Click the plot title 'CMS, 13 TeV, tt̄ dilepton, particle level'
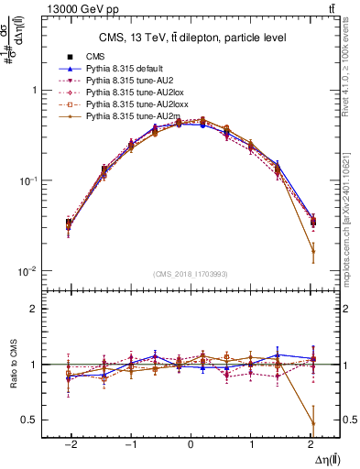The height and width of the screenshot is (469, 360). [191, 38]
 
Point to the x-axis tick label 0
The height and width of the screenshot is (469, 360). [191, 443]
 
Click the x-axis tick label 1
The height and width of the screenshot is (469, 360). [252, 443]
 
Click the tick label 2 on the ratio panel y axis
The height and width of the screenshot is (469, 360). [33, 309]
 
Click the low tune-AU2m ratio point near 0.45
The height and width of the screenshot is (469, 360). [313, 423]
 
